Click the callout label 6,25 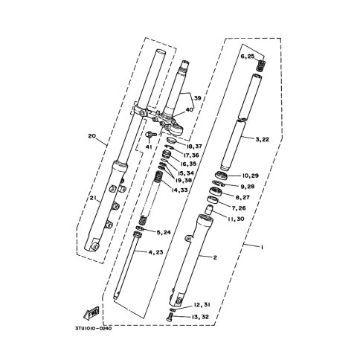tap(248, 57)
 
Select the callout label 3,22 tap(262, 139)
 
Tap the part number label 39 tap(197, 98)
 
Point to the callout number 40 tap(189, 110)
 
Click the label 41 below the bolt tap(149, 147)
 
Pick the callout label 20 tap(91, 136)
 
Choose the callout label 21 tap(92, 197)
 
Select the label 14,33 tap(179, 190)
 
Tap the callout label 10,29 tap(250, 176)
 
